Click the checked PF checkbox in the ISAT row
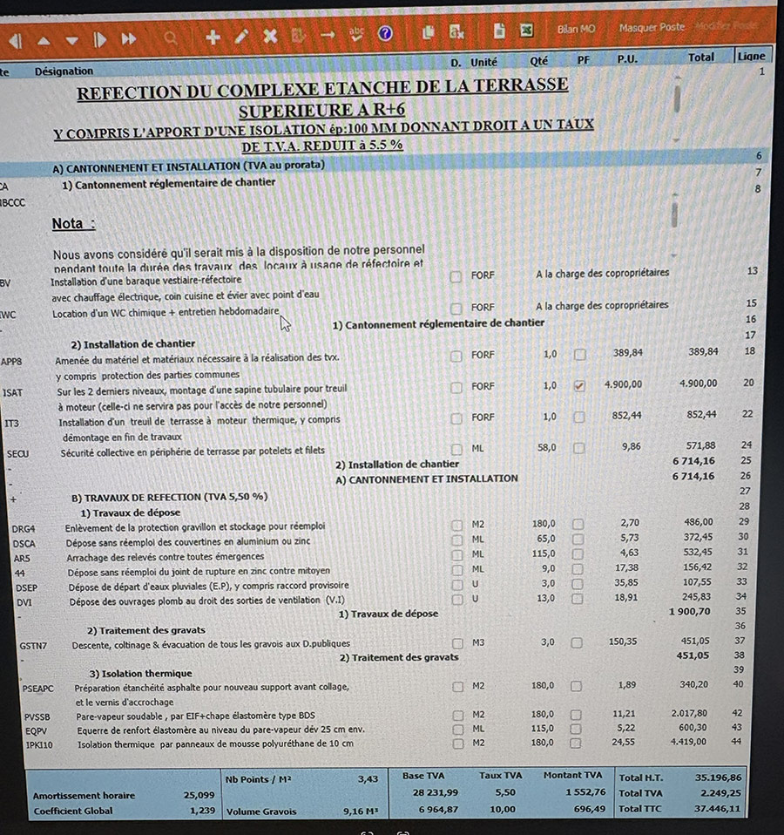coord(580,385)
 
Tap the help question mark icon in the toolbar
coord(386,34)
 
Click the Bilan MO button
coord(576,29)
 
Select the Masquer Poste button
coord(652,28)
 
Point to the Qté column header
coord(539,62)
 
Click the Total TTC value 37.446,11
coord(718,809)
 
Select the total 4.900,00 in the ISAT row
coord(699,384)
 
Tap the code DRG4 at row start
coord(24,527)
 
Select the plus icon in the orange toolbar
coord(213,37)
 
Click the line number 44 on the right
coord(737,742)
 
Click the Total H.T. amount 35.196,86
coord(718,777)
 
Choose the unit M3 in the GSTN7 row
coord(478,642)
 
